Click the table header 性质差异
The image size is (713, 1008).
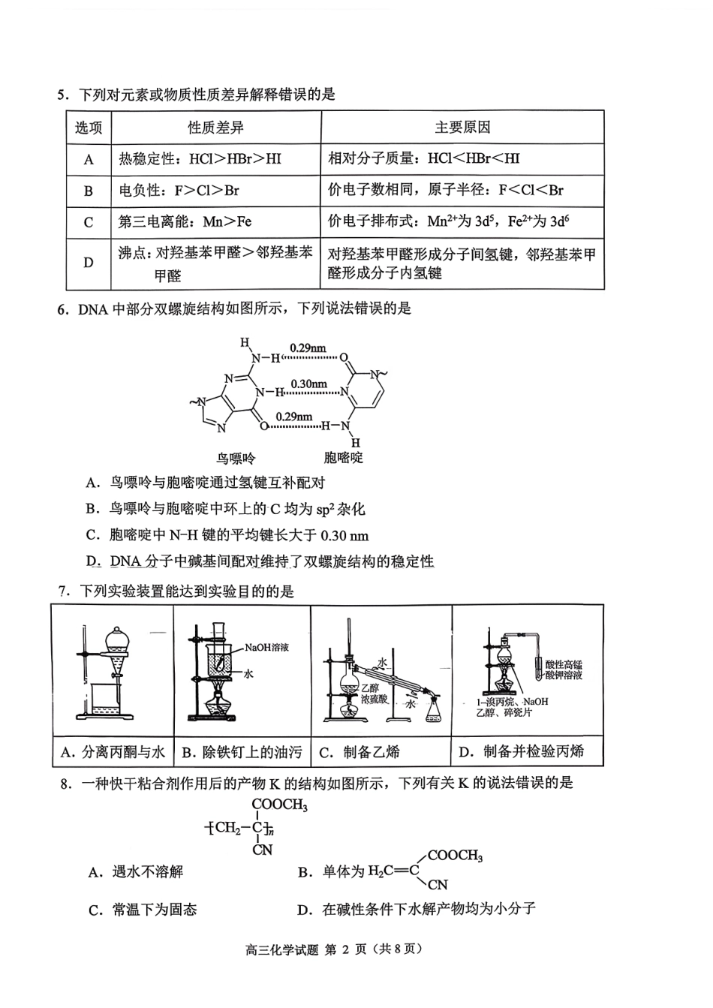click(x=215, y=128)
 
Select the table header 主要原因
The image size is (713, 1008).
click(x=462, y=128)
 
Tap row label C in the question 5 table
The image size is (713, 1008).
click(x=89, y=222)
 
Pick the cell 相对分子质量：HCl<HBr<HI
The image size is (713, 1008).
click(x=423, y=159)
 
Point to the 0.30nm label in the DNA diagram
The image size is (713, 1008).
click(x=308, y=384)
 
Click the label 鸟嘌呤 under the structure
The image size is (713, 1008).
click(x=236, y=457)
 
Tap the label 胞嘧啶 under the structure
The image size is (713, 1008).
click(x=343, y=457)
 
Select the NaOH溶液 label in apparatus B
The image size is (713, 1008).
click(x=266, y=647)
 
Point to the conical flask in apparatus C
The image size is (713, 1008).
click(x=433, y=709)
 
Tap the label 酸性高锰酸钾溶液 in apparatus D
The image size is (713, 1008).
click(x=564, y=670)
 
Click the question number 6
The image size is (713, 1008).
click(x=63, y=308)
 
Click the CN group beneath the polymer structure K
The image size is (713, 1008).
click(x=263, y=850)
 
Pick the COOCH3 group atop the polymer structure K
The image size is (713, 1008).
click(x=279, y=806)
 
